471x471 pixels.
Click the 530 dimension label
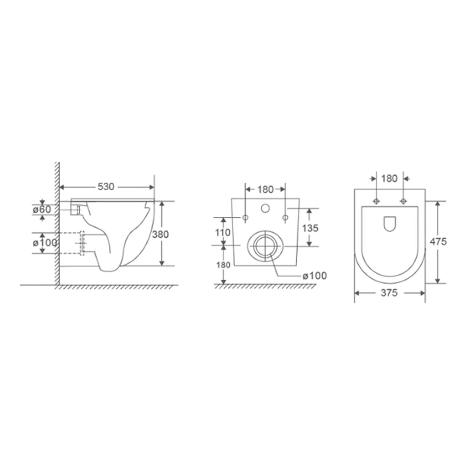point(106,187)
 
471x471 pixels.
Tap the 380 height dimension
point(160,234)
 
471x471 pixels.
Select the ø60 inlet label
point(42,209)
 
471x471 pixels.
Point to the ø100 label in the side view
point(45,243)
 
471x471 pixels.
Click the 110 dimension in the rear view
point(223,232)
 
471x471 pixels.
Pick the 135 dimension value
point(310,228)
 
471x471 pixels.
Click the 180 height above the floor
point(223,265)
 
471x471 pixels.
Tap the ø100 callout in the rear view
point(314,276)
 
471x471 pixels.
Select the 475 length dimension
point(438,241)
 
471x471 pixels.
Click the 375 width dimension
point(389,293)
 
